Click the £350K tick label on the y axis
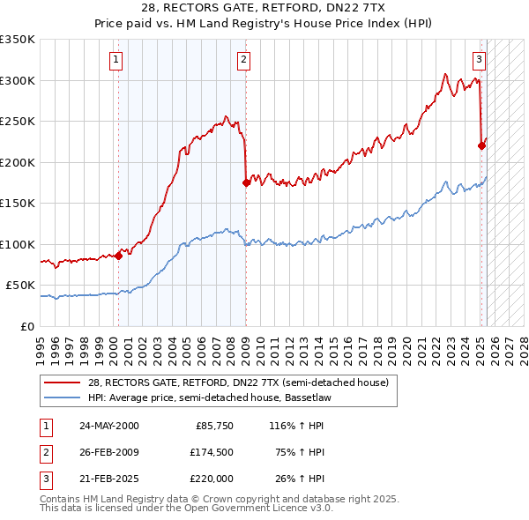tap(18, 40)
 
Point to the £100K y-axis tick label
tap(18, 244)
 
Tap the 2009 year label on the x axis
tap(246, 345)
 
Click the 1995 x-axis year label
tap(41, 345)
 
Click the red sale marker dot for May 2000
tap(118, 256)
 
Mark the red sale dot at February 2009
tap(246, 183)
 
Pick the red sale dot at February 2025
tap(481, 146)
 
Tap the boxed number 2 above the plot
tap(243, 60)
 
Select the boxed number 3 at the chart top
tap(479, 60)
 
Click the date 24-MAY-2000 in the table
tap(108, 427)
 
